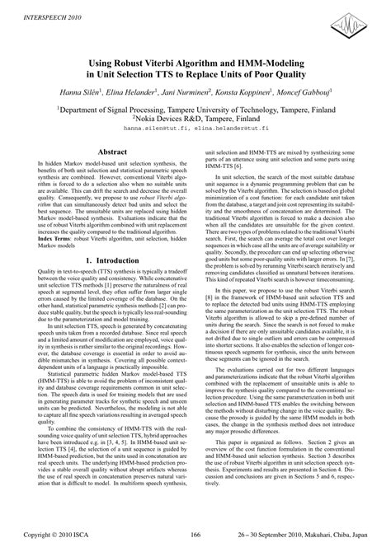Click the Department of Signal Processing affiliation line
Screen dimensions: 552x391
tap(195, 107)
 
